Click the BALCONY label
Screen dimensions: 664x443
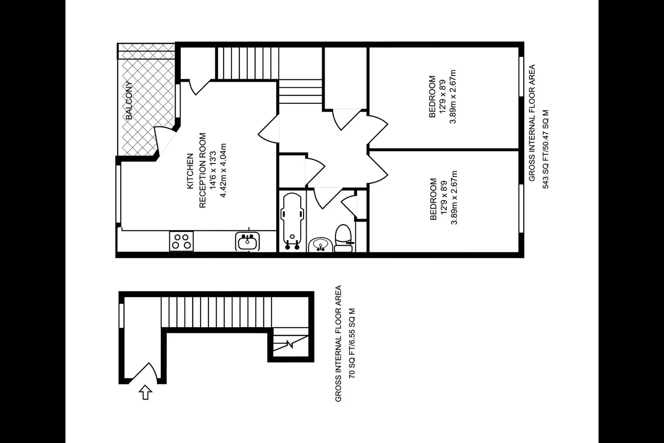pyautogui.click(x=129, y=100)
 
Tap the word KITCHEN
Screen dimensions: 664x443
pyautogui.click(x=190, y=171)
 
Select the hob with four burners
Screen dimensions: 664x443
pyautogui.click(x=181, y=241)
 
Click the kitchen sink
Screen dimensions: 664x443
pyautogui.click(x=248, y=241)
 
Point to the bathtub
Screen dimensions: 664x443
pyautogui.click(x=292, y=221)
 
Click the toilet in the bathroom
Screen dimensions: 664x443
pyautogui.click(x=343, y=238)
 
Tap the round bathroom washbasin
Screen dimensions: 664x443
pyautogui.click(x=320, y=245)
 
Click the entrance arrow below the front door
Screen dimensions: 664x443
pyautogui.click(x=146, y=392)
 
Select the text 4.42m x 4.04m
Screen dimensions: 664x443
pyautogui.click(x=223, y=170)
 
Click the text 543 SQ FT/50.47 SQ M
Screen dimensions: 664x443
pyautogui.click(x=546, y=149)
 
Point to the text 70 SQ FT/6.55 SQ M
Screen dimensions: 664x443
pyautogui.click(x=352, y=343)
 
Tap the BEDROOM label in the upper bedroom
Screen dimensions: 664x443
pyautogui.click(x=432, y=97)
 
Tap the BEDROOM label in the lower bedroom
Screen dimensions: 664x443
pyautogui.click(x=433, y=199)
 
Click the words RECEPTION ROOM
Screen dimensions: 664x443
pyautogui.click(x=202, y=170)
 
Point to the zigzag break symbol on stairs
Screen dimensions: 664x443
pyautogui.click(x=290, y=345)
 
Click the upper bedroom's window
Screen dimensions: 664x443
pyautogui.click(x=521, y=77)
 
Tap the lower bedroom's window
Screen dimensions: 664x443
pyautogui.click(x=521, y=208)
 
